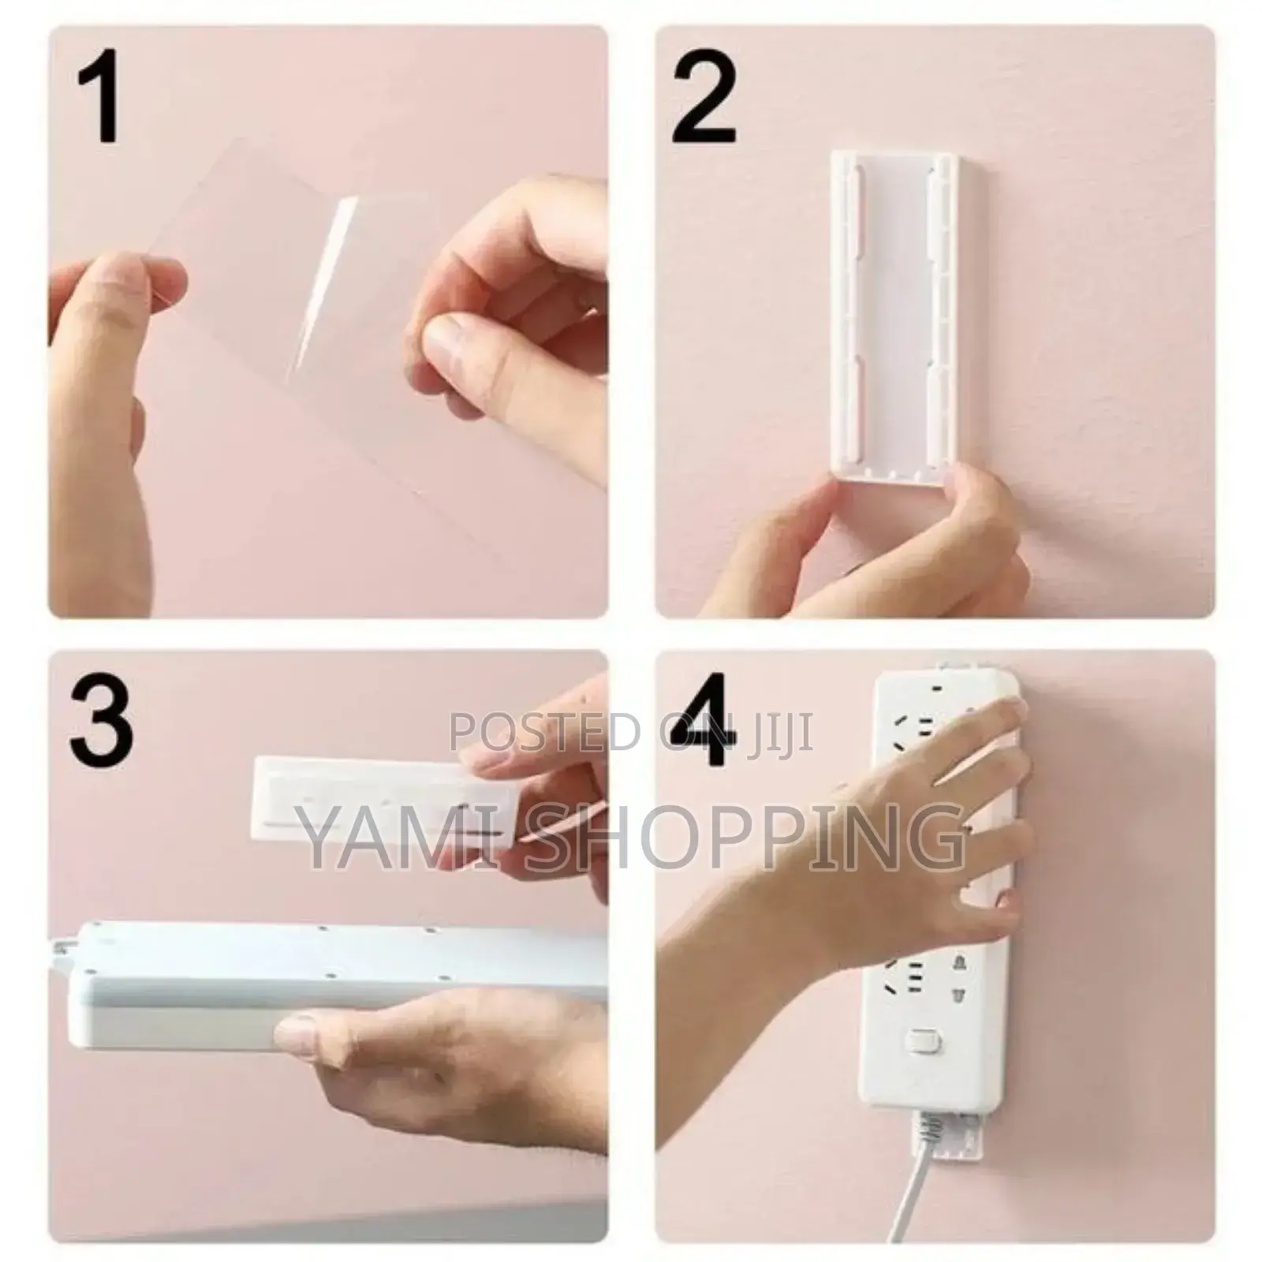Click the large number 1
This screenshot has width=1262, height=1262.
[101, 99]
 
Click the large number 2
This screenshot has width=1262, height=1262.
[704, 99]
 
